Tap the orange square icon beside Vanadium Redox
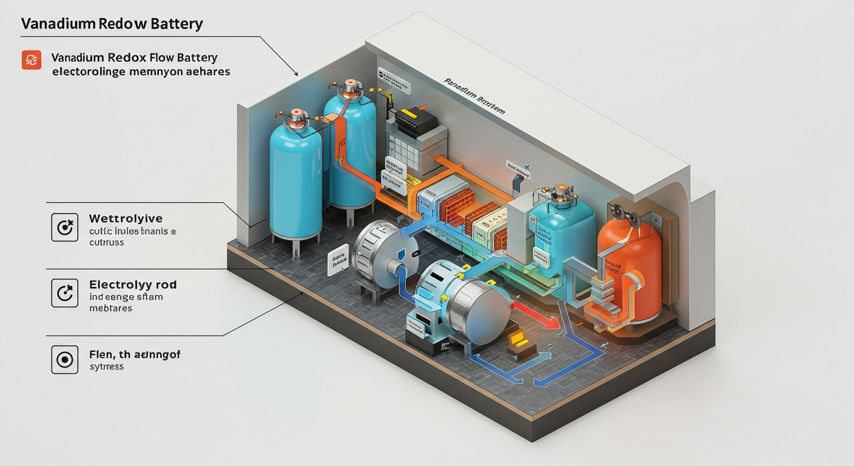click(x=31, y=59)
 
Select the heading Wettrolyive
click(x=126, y=218)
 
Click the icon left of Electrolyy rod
click(x=64, y=293)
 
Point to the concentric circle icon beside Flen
click(x=64, y=360)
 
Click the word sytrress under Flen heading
click(x=106, y=367)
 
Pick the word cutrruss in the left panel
click(x=106, y=242)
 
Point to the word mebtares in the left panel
click(x=110, y=308)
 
